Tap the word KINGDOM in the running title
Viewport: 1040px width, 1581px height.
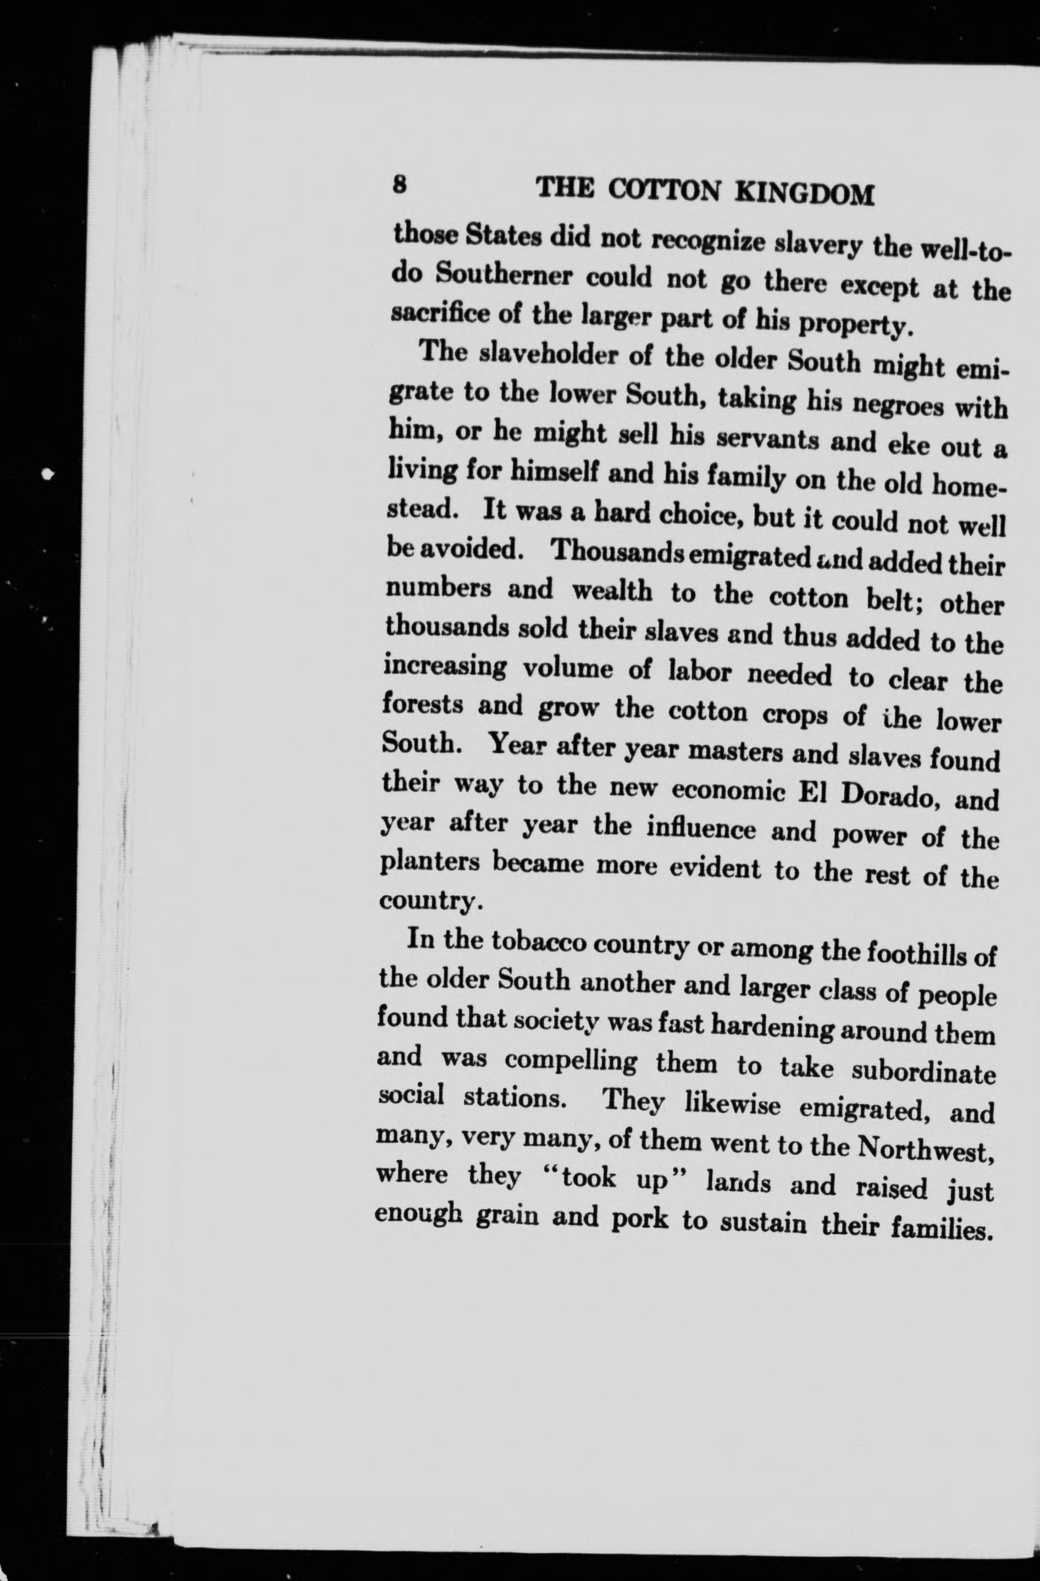tap(806, 194)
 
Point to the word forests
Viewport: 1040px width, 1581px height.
tap(423, 706)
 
